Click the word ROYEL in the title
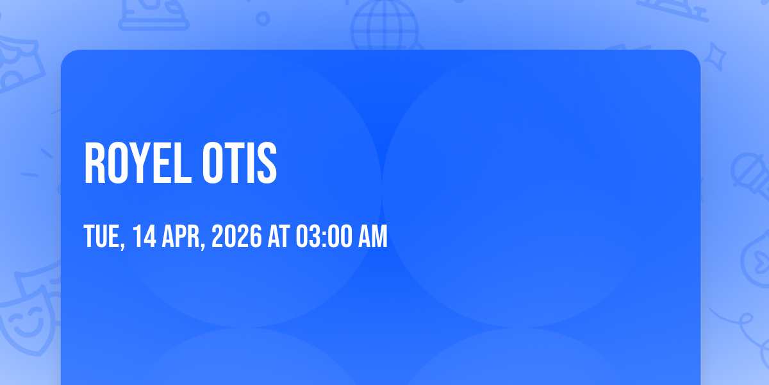click(138, 163)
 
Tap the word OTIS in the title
click(239, 163)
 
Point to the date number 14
click(145, 236)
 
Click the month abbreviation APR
click(184, 237)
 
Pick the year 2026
click(236, 236)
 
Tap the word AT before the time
click(278, 236)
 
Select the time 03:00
click(324, 236)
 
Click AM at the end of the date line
click(373, 236)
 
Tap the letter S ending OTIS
click(267, 163)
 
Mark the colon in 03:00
click(324, 237)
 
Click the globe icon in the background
click(385, 25)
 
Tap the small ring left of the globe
click(263, 19)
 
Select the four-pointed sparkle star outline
click(715, 57)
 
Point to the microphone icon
click(750, 176)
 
